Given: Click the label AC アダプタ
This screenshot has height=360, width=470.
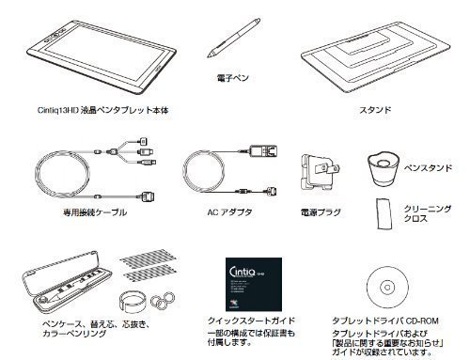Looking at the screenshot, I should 227,212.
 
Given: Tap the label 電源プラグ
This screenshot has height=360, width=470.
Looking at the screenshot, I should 317,213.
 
